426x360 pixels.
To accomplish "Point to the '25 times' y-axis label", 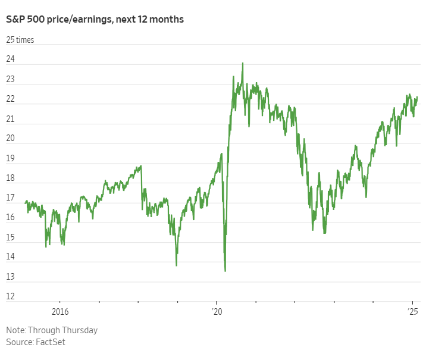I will (x=20, y=40).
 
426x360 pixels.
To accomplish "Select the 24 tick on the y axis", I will (x=11, y=60).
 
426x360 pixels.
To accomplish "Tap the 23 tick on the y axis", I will (x=11, y=80).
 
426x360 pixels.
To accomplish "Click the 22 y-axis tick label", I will (x=11, y=99).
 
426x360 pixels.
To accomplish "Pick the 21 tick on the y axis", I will (x=11, y=119).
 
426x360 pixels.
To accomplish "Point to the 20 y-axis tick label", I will (x=11, y=139).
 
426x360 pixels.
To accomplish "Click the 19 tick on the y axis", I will (x=11, y=158).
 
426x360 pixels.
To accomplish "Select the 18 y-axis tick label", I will (x=11, y=178).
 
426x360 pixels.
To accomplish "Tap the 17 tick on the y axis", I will (x=11, y=198).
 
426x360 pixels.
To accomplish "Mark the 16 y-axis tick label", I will (x=11, y=218).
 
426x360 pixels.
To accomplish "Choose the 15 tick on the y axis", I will (x=11, y=237).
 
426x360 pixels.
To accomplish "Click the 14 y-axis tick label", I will (x=11, y=257).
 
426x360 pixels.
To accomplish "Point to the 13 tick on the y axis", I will (x=11, y=277).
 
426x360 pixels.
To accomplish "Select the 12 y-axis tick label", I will (x=11, y=296).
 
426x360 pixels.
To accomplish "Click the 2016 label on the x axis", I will (x=60, y=312).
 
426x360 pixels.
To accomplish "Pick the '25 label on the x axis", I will (x=414, y=312).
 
